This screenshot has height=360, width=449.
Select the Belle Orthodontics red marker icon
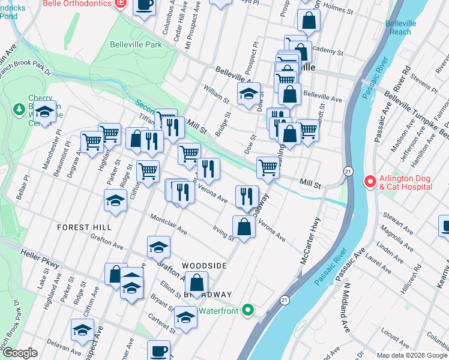coord(121,3)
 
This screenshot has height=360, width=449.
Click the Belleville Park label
coord(136,44)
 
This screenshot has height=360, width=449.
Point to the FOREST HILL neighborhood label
coord(85,227)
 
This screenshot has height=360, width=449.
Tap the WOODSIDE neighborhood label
coord(204,265)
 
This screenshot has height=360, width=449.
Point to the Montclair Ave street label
coord(169,224)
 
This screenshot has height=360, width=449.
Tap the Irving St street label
coord(223,232)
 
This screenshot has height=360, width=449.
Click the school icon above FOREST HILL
coord(115,201)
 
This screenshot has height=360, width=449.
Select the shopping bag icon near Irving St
coord(244,227)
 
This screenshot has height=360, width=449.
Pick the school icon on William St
coord(249,94)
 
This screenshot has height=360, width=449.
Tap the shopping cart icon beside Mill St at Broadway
coord(268,167)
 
